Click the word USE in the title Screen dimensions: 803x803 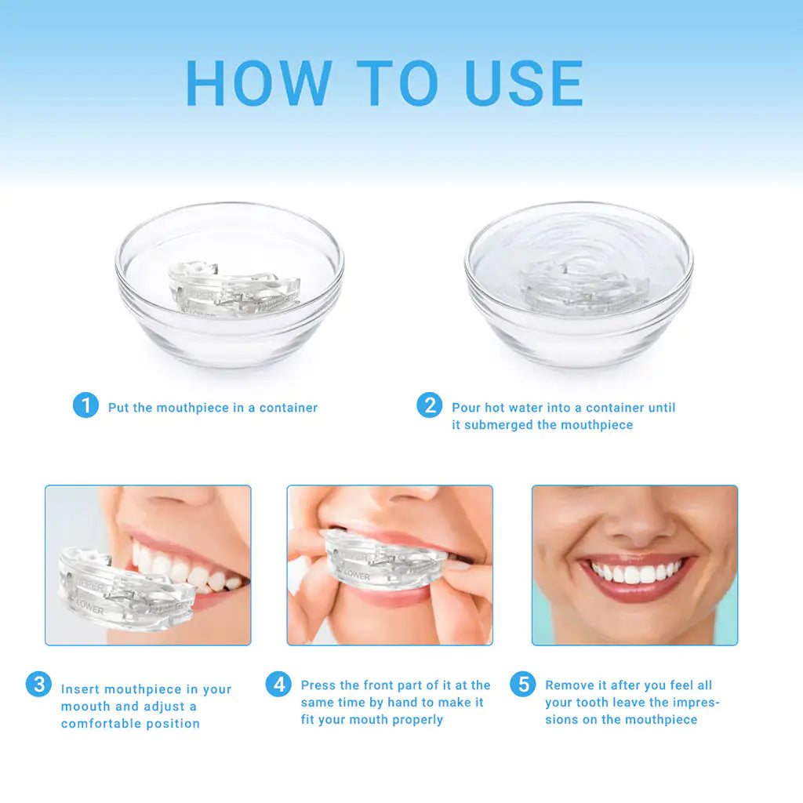pyautogui.click(x=524, y=83)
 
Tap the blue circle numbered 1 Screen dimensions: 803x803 pyautogui.click(x=85, y=405)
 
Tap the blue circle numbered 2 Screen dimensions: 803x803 pyautogui.click(x=429, y=405)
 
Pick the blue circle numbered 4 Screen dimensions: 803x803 pyautogui.click(x=278, y=684)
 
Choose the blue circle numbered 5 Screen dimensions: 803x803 pyautogui.click(x=522, y=684)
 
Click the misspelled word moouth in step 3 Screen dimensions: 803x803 pyautogui.click(x=86, y=707)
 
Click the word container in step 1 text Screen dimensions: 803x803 pyautogui.click(x=289, y=408)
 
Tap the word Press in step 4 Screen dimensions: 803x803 pyautogui.click(x=318, y=685)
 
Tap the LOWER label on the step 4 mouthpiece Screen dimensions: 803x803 pyautogui.click(x=357, y=576)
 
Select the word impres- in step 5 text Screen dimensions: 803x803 pyautogui.click(x=692, y=703)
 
